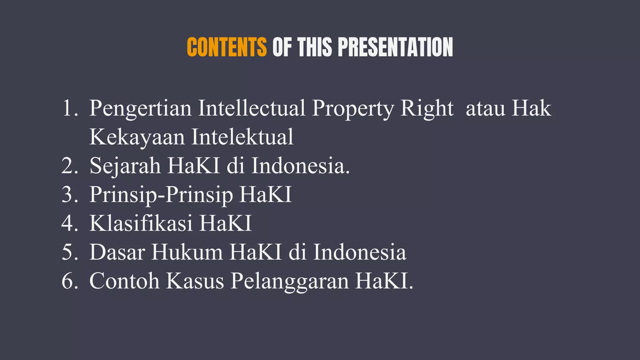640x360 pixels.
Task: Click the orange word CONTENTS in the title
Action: point(227,47)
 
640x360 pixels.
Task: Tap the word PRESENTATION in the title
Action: point(395,47)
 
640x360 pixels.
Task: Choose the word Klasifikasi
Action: point(141,223)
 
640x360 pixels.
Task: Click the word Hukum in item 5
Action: point(187,252)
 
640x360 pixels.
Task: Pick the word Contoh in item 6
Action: point(124,281)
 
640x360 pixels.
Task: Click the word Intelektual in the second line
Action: point(242,137)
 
